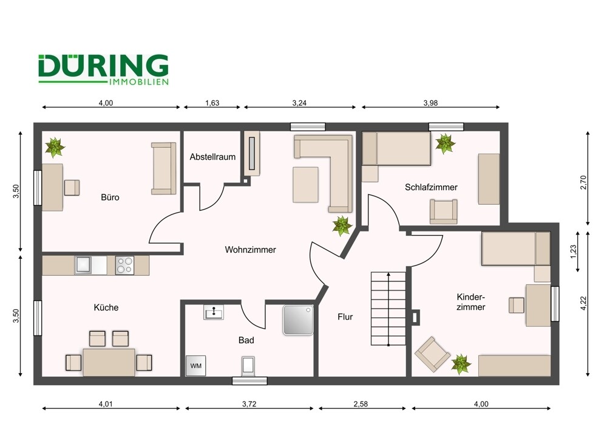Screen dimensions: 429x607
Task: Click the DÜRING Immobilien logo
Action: point(103,69)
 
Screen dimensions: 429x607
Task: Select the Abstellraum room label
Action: point(212,157)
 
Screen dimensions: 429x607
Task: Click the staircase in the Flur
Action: point(388,308)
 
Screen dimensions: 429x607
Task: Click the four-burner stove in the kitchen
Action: point(124,266)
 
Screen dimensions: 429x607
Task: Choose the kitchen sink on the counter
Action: point(83,266)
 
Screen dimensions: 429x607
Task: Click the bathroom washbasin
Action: point(214,312)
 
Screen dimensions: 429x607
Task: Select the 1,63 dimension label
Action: point(212,103)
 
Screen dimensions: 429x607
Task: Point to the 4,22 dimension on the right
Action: point(583,303)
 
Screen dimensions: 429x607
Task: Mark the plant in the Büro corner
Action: point(55,146)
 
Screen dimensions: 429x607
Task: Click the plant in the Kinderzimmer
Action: point(461,365)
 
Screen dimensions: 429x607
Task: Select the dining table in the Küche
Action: point(109,362)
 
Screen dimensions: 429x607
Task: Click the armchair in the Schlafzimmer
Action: point(443,211)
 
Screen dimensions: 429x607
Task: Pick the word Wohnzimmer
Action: point(250,250)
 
